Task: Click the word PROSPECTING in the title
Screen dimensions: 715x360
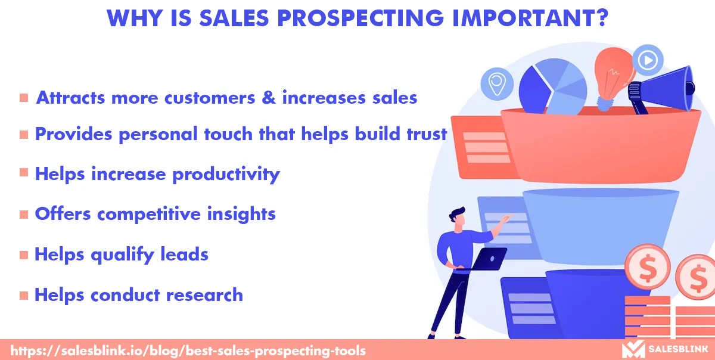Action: tap(360, 18)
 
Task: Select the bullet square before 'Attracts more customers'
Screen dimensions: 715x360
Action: tap(24, 97)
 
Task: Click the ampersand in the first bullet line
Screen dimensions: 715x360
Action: tap(269, 97)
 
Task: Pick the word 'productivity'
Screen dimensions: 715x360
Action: tap(226, 175)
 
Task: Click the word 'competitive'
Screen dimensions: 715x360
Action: tap(149, 215)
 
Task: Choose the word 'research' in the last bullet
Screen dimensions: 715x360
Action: tap(204, 294)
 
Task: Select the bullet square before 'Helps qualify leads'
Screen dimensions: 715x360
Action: tap(24, 255)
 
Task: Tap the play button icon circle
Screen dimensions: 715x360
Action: tap(648, 60)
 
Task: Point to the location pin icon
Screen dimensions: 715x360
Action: tap(497, 84)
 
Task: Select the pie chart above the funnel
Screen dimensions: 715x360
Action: tap(553, 86)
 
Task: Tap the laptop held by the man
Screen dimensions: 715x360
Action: tap(489, 259)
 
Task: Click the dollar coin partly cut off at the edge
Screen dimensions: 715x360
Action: tap(696, 277)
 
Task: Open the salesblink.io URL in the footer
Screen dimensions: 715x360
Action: tap(188, 350)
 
